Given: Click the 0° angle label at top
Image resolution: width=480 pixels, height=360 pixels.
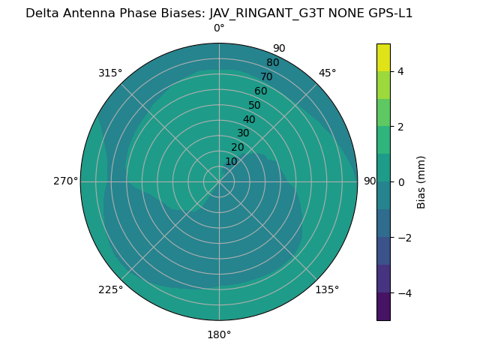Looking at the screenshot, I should click(x=219, y=28).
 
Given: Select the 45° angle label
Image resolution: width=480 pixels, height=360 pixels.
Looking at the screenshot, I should click(x=327, y=73).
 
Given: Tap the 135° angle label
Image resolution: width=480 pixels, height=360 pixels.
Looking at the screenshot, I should click(x=327, y=289).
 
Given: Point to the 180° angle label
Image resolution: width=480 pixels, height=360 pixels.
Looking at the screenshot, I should click(x=219, y=334).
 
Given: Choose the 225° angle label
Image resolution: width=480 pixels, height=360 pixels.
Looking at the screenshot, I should click(x=110, y=289).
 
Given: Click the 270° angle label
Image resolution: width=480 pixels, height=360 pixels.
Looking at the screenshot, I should click(x=65, y=181).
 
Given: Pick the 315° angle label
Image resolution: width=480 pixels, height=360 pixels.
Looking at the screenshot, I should click(x=110, y=73).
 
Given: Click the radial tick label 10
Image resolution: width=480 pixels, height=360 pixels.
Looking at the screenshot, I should click(x=231, y=161).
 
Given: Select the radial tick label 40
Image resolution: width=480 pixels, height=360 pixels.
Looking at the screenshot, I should click(x=249, y=120).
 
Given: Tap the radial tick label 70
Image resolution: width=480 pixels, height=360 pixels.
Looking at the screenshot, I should click(x=266, y=76).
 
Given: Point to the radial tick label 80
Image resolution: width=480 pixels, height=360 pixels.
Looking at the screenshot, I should click(x=272, y=63).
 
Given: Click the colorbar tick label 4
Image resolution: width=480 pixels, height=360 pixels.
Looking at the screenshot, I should click(x=401, y=71).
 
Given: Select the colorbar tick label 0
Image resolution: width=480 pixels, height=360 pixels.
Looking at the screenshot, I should click(x=401, y=182).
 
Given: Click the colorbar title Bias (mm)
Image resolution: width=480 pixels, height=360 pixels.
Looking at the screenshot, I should click(x=421, y=182).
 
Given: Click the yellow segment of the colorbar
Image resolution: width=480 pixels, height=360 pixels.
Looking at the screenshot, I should click(x=383, y=57).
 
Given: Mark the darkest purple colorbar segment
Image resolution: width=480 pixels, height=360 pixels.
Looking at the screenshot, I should click(x=383, y=307).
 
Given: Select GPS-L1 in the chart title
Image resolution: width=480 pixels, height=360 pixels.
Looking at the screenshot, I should click(x=388, y=13).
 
